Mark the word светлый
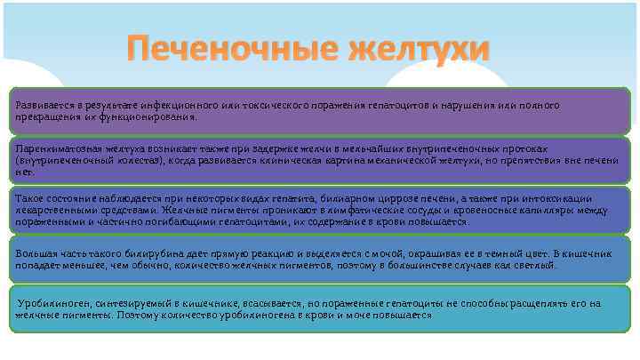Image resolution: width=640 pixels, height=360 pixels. pos(535,264)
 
